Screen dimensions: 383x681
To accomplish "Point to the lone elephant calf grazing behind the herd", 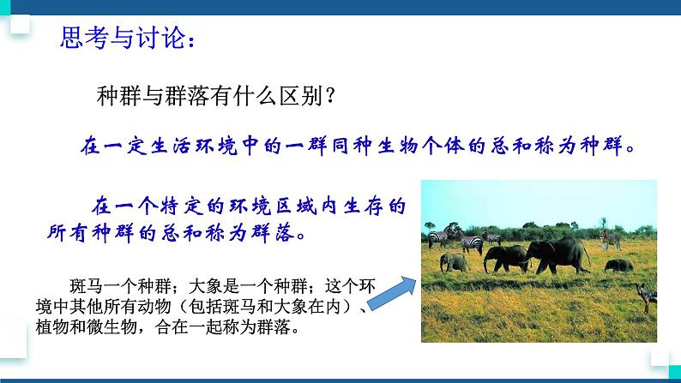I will pyautogui.click(x=618, y=264).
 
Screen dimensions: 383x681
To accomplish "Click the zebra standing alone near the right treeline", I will pyautogui.click(x=610, y=238).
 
